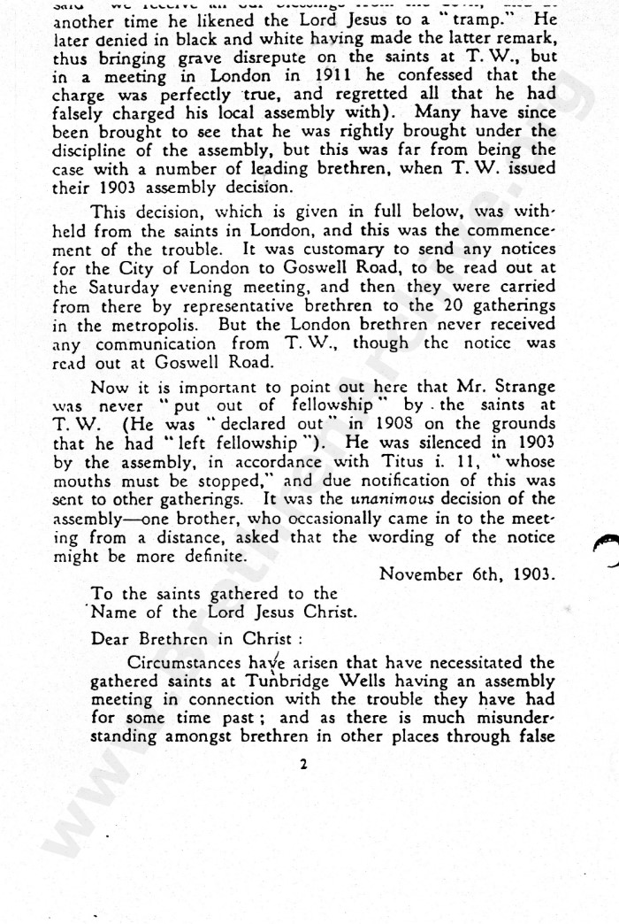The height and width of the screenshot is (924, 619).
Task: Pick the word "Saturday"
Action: (x=125, y=288)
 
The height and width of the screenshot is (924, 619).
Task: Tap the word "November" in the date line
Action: (x=416, y=574)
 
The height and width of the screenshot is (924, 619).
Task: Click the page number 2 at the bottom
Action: (x=302, y=764)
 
